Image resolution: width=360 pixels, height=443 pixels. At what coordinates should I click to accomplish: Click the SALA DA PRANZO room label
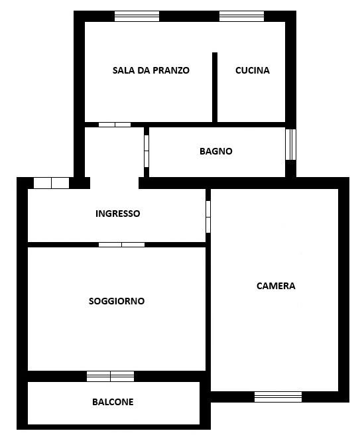pyautogui.click(x=150, y=70)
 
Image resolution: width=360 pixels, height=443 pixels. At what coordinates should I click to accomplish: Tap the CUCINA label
pyautogui.click(x=253, y=70)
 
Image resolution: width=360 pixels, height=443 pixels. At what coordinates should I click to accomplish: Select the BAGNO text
pyautogui.click(x=216, y=151)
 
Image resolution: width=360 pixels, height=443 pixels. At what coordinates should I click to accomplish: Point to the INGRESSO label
pyautogui.click(x=118, y=214)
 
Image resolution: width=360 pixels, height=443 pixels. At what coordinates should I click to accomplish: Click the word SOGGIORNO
pyautogui.click(x=117, y=301)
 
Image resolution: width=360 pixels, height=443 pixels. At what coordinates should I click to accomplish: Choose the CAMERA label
pyautogui.click(x=276, y=286)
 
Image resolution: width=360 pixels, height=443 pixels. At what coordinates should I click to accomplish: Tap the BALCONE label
pyautogui.click(x=113, y=402)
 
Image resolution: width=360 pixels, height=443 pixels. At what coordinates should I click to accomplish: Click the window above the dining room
pyautogui.click(x=137, y=16)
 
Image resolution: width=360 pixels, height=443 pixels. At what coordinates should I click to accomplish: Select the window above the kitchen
pyautogui.click(x=242, y=16)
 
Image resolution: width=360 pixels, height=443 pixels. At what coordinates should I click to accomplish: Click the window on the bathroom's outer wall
pyautogui.click(x=290, y=145)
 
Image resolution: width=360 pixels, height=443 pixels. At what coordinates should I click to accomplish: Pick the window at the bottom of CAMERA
pyautogui.click(x=278, y=397)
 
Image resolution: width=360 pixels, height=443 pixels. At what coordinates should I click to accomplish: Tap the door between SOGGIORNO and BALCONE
pyautogui.click(x=111, y=376)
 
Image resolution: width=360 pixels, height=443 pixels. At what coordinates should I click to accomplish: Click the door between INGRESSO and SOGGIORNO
pyautogui.click(x=122, y=245)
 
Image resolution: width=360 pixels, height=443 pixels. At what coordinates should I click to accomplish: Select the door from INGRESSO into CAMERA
pyautogui.click(x=208, y=217)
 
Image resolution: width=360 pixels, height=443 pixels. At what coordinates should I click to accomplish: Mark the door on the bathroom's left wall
pyautogui.click(x=147, y=151)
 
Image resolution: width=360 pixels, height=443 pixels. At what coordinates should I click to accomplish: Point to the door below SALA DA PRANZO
pyautogui.click(x=115, y=125)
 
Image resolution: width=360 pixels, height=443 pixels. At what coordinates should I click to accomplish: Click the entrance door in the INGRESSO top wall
pyautogui.click(x=52, y=183)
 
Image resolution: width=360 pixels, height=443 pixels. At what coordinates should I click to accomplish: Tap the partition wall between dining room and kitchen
pyautogui.click(x=215, y=88)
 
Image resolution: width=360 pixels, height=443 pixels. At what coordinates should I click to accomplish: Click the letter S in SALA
pyautogui.click(x=115, y=70)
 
